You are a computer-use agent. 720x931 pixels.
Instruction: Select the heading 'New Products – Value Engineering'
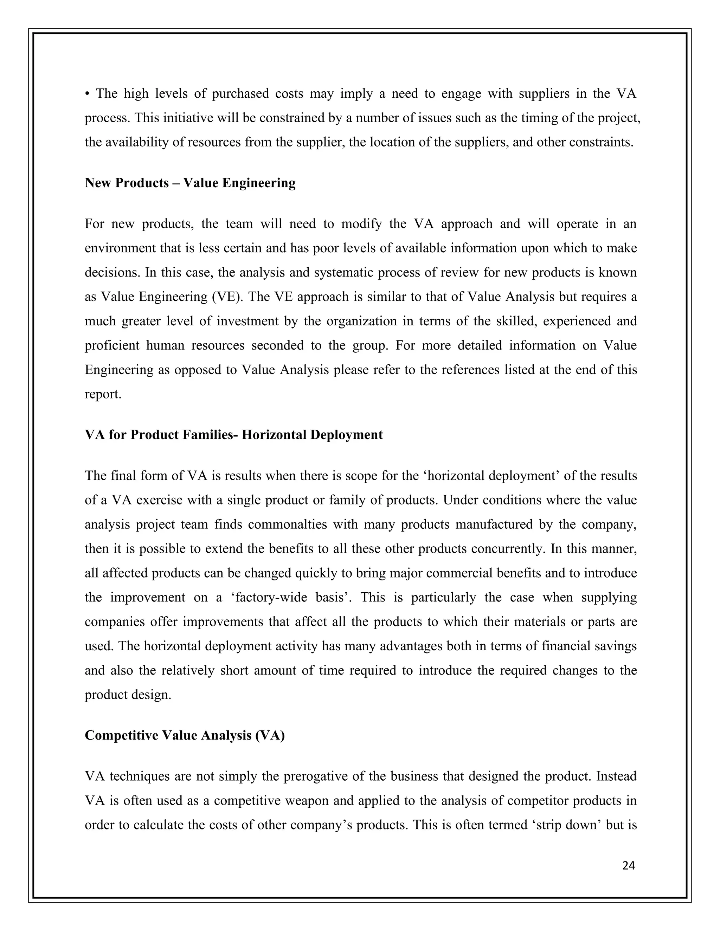(190, 183)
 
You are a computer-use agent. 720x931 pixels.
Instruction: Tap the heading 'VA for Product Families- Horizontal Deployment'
(234, 435)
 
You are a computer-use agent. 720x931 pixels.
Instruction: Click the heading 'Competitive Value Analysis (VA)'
(185, 735)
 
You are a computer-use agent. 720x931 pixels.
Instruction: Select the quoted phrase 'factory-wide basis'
(290, 598)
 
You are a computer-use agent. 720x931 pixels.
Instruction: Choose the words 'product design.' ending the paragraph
(128, 695)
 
